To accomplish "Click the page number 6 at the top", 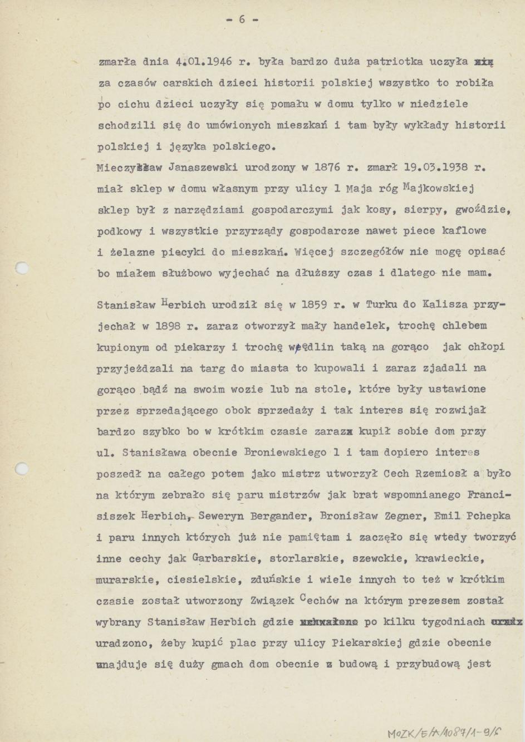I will tap(242, 19).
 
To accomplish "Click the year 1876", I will tap(327, 167).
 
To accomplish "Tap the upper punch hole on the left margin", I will tap(21, 269).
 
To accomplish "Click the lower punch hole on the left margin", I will tap(21, 468).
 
